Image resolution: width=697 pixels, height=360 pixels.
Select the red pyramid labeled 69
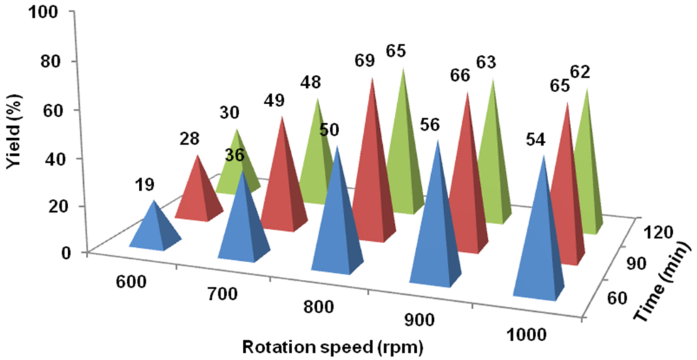pyautogui.click(x=370, y=170)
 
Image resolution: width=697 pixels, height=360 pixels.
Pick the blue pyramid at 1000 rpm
pyautogui.click(x=539, y=241)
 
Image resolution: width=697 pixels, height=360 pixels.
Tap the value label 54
pyautogui.click(x=535, y=140)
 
